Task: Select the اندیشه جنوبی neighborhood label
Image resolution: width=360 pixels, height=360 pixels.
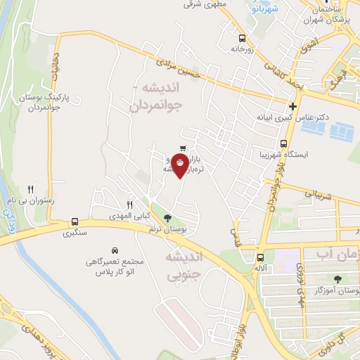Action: pos(184,265)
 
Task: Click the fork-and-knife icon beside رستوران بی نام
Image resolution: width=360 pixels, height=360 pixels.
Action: pos(30,189)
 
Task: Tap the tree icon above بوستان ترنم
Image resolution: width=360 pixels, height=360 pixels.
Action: pos(167,218)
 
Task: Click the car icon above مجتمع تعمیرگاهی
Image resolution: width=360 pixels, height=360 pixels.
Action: pos(113,250)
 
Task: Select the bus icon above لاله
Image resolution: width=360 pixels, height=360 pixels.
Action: pos(259,257)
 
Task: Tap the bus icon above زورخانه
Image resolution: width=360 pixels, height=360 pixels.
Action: pos(242,39)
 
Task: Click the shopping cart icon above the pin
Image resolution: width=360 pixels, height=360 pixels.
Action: pos(182,149)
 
